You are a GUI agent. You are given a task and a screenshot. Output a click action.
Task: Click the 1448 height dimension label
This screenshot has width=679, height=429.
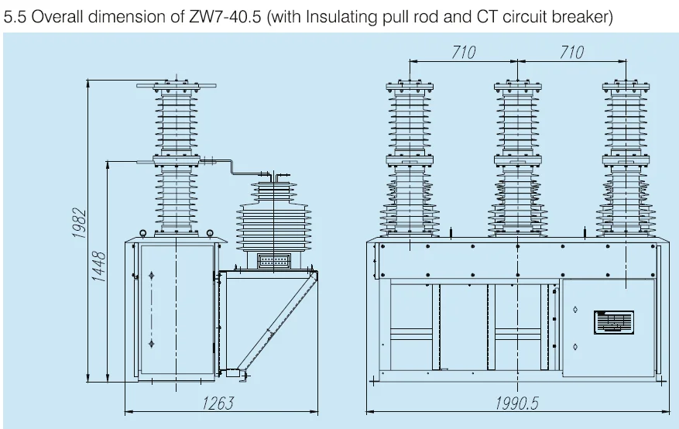(100, 265)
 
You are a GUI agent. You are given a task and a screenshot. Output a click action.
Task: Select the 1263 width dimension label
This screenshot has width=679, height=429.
(218, 403)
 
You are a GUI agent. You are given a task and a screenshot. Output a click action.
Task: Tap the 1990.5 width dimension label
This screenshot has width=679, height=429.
(517, 403)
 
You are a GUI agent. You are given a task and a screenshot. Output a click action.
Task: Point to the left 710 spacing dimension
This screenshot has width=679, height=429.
(463, 53)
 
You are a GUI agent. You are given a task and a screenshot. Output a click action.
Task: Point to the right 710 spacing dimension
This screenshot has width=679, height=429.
(571, 53)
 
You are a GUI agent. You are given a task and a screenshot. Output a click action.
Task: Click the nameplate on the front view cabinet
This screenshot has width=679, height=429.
(613, 321)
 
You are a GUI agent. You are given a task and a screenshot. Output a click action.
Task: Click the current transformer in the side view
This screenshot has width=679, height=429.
(269, 221)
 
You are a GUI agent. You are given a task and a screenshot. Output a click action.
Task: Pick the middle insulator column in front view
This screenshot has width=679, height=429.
(516, 159)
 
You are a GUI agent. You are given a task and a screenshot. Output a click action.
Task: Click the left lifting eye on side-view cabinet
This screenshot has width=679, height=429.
(143, 233)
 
